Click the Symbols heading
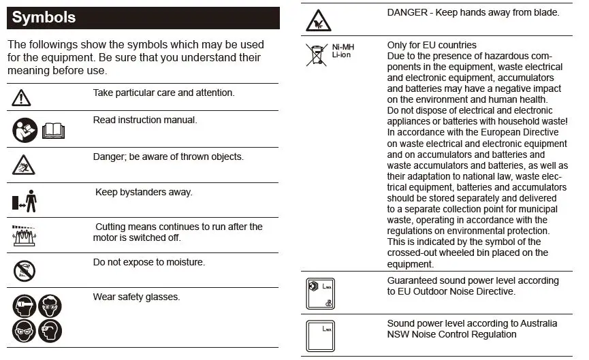click(44, 18)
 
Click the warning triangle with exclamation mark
click(21, 98)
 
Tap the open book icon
click(53, 129)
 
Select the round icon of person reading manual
click(25, 129)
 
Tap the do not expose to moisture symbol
click(25, 271)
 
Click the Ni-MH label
click(343, 47)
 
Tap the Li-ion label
click(341, 55)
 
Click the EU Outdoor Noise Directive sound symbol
click(321, 293)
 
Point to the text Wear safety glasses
click(136, 297)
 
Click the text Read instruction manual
click(144, 120)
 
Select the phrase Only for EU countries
click(432, 46)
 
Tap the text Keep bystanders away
click(144, 192)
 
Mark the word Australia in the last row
click(535, 323)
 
